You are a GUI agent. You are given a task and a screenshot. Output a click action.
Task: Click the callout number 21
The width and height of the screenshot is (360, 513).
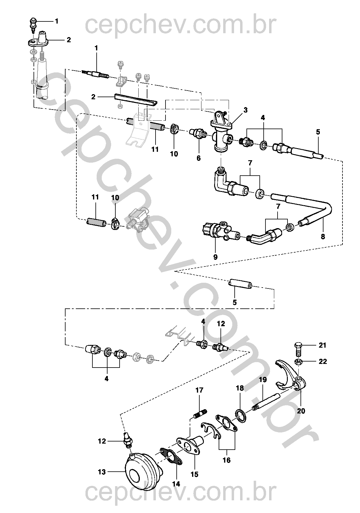point(322,345)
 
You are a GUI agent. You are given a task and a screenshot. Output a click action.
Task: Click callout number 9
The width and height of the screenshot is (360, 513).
point(215,257)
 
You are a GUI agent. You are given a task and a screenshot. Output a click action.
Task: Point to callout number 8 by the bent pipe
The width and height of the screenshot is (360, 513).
point(323,236)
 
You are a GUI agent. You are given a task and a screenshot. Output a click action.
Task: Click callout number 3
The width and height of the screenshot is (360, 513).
point(246,110)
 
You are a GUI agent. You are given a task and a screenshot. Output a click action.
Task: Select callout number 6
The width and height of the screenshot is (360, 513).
point(198,158)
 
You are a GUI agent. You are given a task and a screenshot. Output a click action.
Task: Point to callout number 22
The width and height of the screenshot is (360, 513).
point(323,362)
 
